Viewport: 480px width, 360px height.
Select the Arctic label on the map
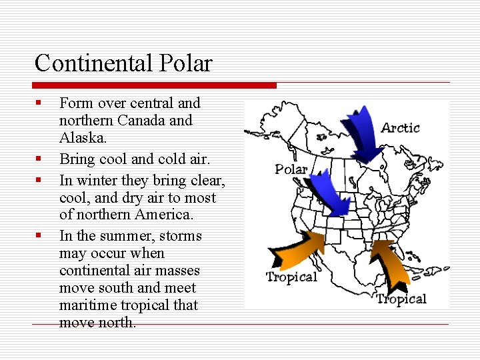tap(400, 127)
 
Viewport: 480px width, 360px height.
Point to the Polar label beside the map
tap(291, 169)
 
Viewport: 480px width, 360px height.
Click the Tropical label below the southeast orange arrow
tap(401, 299)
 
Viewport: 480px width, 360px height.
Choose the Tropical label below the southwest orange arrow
tap(291, 277)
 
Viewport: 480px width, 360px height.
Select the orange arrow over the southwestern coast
tap(296, 250)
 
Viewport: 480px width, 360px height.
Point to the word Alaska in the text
tap(82, 138)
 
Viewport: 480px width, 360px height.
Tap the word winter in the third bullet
tap(97, 180)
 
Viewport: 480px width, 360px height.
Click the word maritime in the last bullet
tap(85, 305)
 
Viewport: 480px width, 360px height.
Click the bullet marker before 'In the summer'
tap(39, 236)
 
